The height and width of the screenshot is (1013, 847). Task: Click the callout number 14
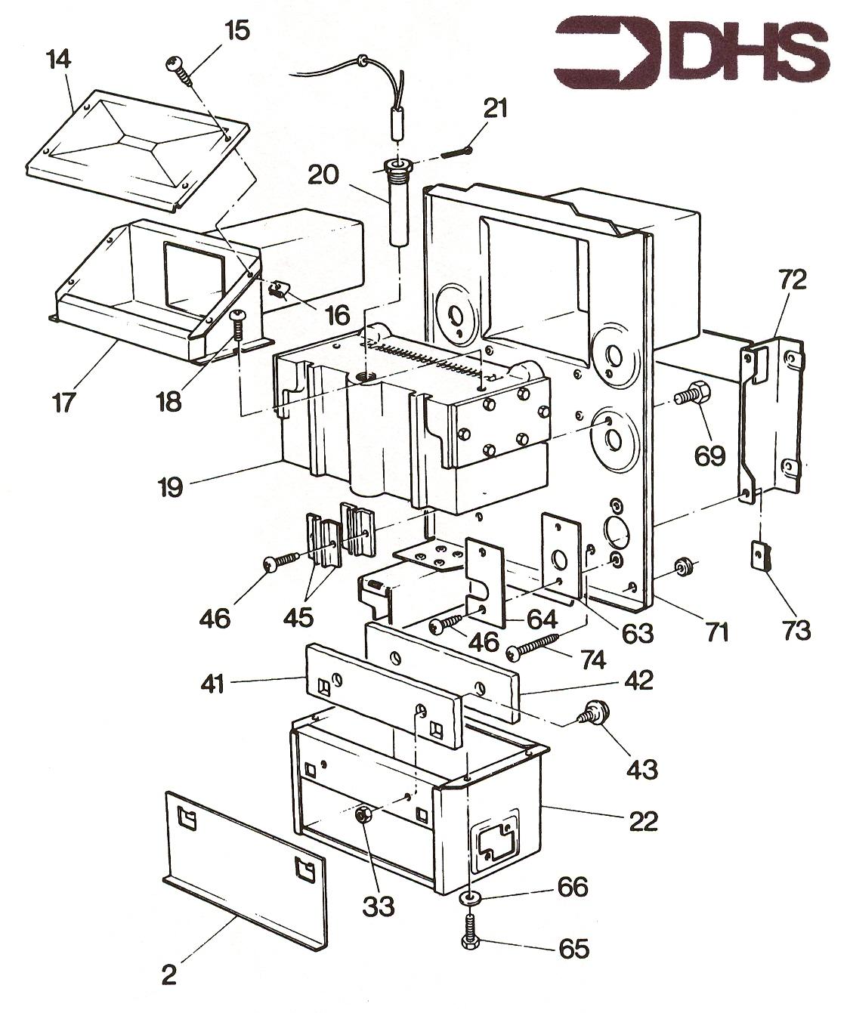click(59, 60)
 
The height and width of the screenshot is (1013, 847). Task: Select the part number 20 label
click(323, 175)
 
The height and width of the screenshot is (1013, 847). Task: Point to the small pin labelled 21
click(457, 153)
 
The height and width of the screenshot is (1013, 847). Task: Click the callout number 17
click(63, 402)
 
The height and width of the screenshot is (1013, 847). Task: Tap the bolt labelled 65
click(469, 931)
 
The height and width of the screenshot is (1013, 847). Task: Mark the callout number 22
click(644, 821)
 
